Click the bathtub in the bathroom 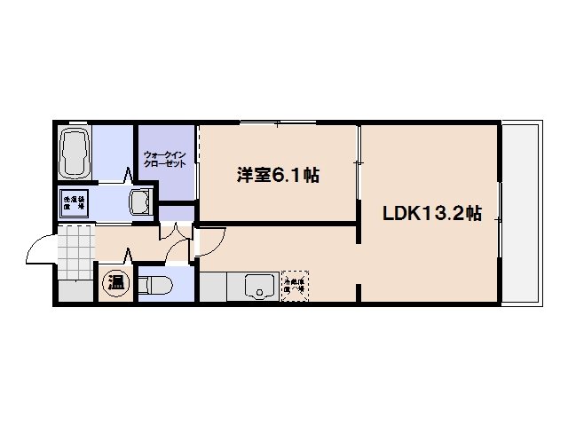point(76,154)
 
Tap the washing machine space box point(73,202)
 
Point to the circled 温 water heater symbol point(116,283)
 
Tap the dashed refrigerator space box point(294,283)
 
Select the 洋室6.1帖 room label point(277,175)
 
